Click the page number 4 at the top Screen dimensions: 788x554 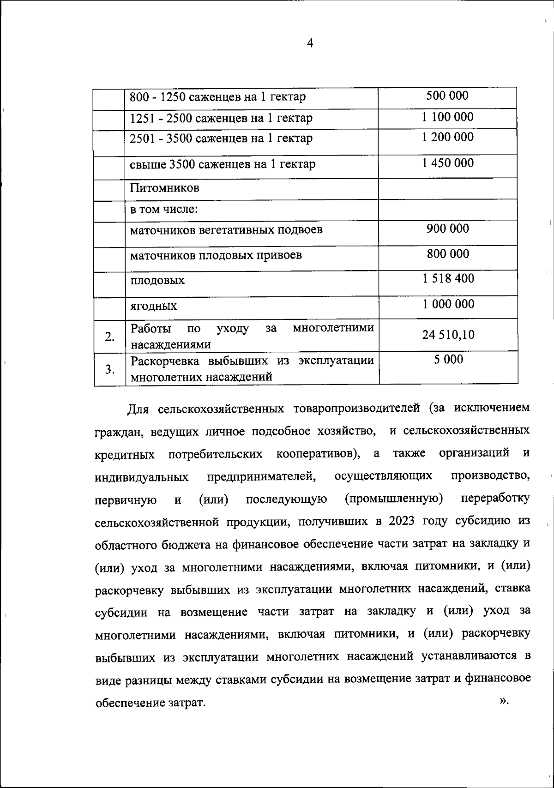click(x=310, y=43)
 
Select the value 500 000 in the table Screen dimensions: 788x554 click(x=447, y=96)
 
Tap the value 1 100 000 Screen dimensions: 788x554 click(x=447, y=117)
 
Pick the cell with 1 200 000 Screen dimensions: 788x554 click(x=447, y=137)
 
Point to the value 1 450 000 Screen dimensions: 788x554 click(x=447, y=163)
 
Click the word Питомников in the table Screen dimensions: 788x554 click(x=165, y=188)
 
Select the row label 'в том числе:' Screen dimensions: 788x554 click(x=164, y=209)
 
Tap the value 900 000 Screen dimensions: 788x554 click(x=447, y=229)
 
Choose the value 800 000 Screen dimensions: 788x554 click(x=447, y=254)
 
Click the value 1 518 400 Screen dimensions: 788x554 click(x=447, y=279)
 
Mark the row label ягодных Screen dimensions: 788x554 click(x=153, y=306)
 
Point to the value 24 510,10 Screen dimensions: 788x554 click(x=448, y=335)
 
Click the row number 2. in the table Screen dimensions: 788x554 click(x=109, y=337)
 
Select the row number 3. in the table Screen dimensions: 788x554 click(x=109, y=369)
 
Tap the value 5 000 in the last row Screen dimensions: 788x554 click(x=448, y=360)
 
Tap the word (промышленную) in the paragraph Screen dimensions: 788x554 click(x=394, y=499)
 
